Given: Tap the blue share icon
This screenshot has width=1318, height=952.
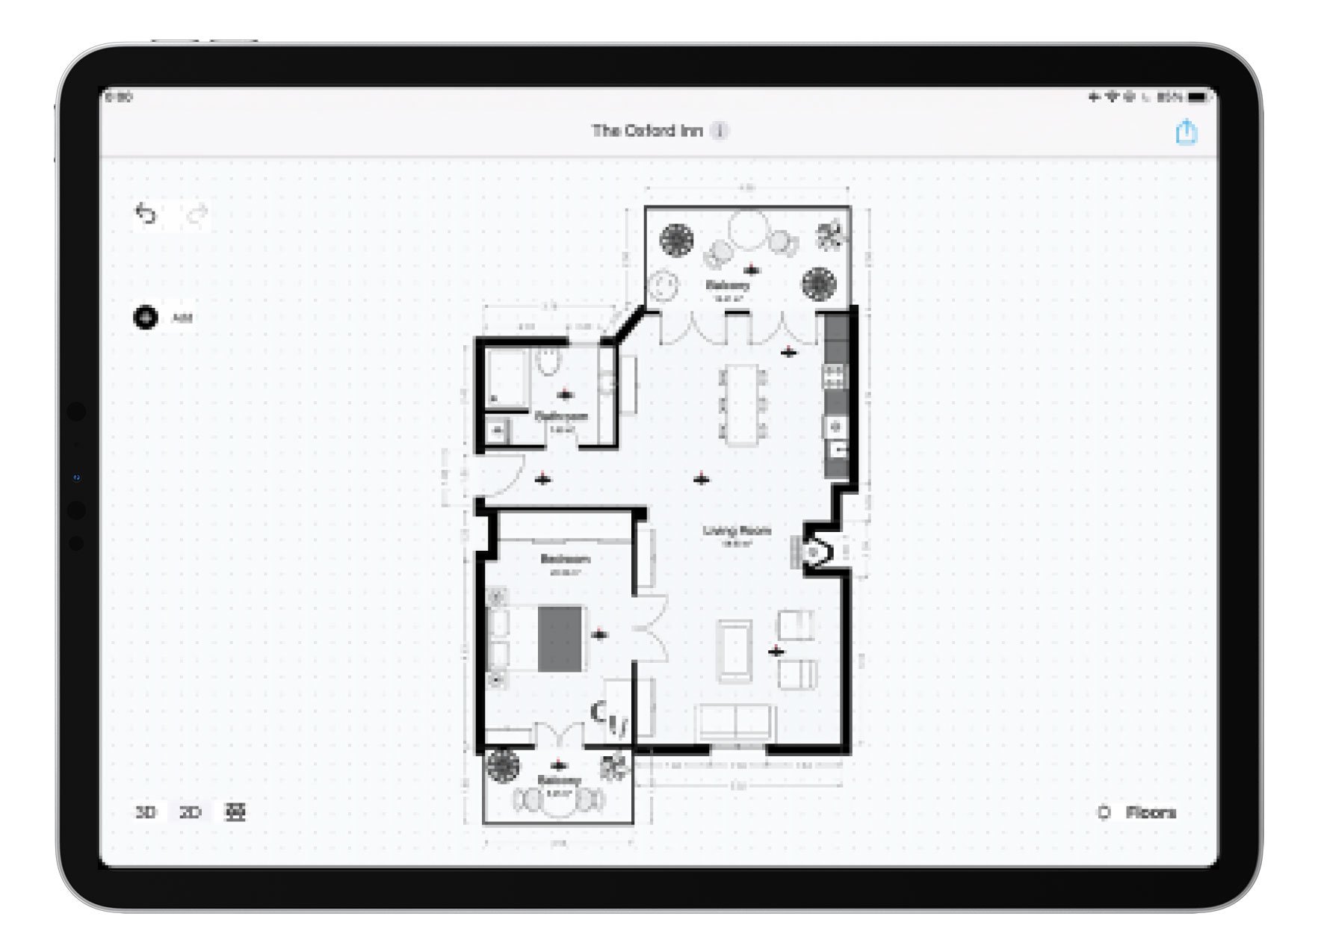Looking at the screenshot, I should pyautogui.click(x=1186, y=132).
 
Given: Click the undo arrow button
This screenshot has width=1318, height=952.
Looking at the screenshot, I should pyautogui.click(x=146, y=214).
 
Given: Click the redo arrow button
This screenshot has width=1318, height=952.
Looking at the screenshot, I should pyautogui.click(x=197, y=215).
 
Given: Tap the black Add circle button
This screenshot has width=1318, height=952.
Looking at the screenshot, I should pyautogui.click(x=146, y=317).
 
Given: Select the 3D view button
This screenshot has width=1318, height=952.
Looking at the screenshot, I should pyautogui.click(x=146, y=812).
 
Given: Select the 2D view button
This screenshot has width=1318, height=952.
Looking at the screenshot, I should pyautogui.click(x=191, y=812).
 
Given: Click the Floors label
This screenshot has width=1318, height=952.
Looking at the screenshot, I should pyautogui.click(x=1150, y=812).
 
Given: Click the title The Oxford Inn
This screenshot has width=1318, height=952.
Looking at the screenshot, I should pyautogui.click(x=647, y=131).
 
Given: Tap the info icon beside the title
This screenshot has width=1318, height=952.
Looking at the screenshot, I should pyautogui.click(x=719, y=131).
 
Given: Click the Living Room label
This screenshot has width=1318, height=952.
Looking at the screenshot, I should pyautogui.click(x=736, y=531).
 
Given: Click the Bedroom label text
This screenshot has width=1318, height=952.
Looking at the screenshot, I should pyautogui.click(x=565, y=559).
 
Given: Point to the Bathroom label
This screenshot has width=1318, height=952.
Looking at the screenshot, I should pyautogui.click(x=561, y=416).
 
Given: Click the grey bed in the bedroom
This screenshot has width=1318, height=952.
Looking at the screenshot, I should pyautogui.click(x=560, y=638).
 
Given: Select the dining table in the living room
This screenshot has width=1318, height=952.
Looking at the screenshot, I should pyautogui.click(x=743, y=404).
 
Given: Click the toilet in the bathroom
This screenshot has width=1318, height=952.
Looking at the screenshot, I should pyautogui.click(x=548, y=362).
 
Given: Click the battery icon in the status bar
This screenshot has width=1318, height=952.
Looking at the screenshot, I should pyautogui.click(x=1198, y=97).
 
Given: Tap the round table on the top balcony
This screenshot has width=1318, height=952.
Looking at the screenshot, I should pyautogui.click(x=748, y=229).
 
